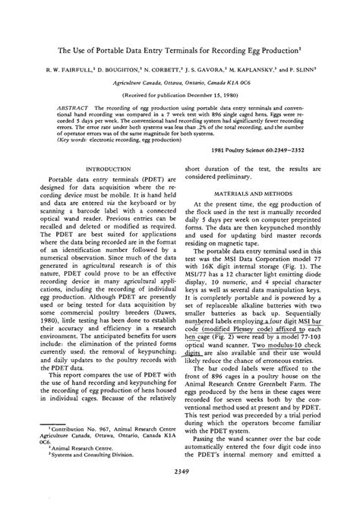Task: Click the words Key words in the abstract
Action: (x=68, y=139)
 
